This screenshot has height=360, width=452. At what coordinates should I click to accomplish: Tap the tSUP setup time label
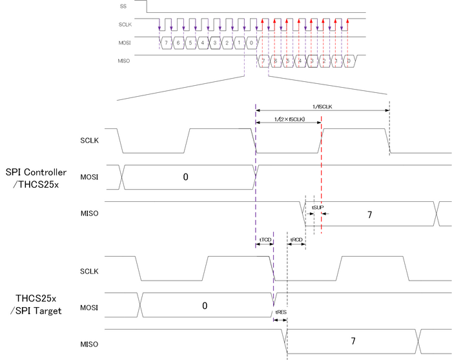click(318, 207)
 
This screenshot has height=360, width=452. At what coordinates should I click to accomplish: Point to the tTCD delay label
click(265, 239)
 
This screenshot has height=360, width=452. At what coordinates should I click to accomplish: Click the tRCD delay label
click(296, 239)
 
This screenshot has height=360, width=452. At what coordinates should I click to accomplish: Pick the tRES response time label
click(281, 312)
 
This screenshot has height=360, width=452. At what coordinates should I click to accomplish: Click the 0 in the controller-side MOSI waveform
click(185, 176)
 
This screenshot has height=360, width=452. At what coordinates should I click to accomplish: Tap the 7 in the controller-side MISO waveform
click(370, 214)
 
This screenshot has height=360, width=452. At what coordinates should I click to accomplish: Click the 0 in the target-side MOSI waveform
click(205, 305)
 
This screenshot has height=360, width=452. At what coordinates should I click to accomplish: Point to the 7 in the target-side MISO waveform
click(353, 341)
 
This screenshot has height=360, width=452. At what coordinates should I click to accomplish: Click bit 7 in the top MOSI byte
click(166, 43)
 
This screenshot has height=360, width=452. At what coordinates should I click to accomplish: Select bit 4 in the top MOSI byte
click(203, 43)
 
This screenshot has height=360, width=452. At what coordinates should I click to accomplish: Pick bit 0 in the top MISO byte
click(348, 61)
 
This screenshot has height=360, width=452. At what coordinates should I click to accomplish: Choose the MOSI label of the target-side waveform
click(88, 307)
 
